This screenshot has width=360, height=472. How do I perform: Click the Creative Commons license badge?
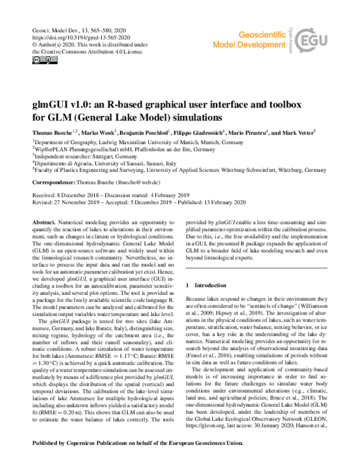[41, 60]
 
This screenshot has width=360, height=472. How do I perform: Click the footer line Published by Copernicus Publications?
[138, 459]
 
